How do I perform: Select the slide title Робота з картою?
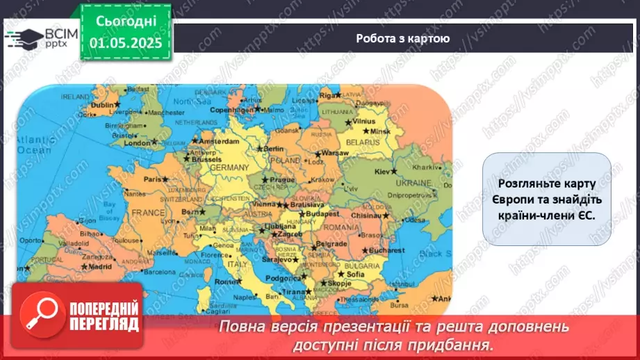(402, 39)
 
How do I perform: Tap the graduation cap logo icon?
(22, 38)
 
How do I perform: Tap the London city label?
(136, 142)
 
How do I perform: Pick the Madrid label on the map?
(100, 265)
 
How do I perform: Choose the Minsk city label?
(381, 131)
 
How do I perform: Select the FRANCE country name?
(148, 213)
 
